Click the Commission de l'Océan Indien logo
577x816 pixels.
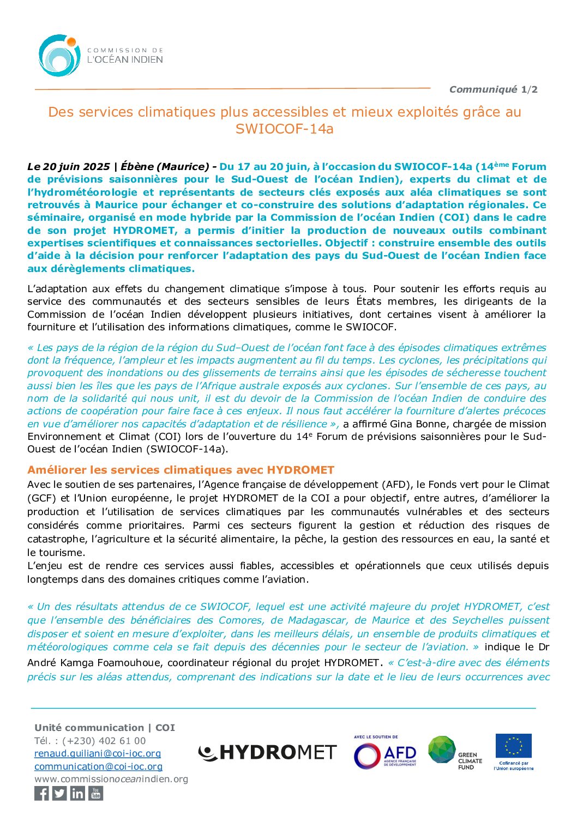tap(100, 56)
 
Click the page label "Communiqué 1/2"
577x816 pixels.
tap(493, 89)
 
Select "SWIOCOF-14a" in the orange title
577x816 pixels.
tap(284, 129)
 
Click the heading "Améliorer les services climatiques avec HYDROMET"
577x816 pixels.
tap(181, 470)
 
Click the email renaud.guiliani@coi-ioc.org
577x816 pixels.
tap(98, 753)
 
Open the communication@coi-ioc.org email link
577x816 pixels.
tap(98, 766)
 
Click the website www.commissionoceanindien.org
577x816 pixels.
tap(111, 779)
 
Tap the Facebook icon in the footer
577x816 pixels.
tap(41, 794)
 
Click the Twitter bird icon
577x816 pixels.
tap(59, 794)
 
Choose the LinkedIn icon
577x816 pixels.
tap(77, 794)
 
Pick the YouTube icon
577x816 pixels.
tap(95, 794)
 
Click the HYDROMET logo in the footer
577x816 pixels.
tap(267, 753)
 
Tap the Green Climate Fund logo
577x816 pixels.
tap(455, 753)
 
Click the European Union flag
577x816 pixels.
tap(513, 746)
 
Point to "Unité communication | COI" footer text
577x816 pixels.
tap(105, 728)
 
